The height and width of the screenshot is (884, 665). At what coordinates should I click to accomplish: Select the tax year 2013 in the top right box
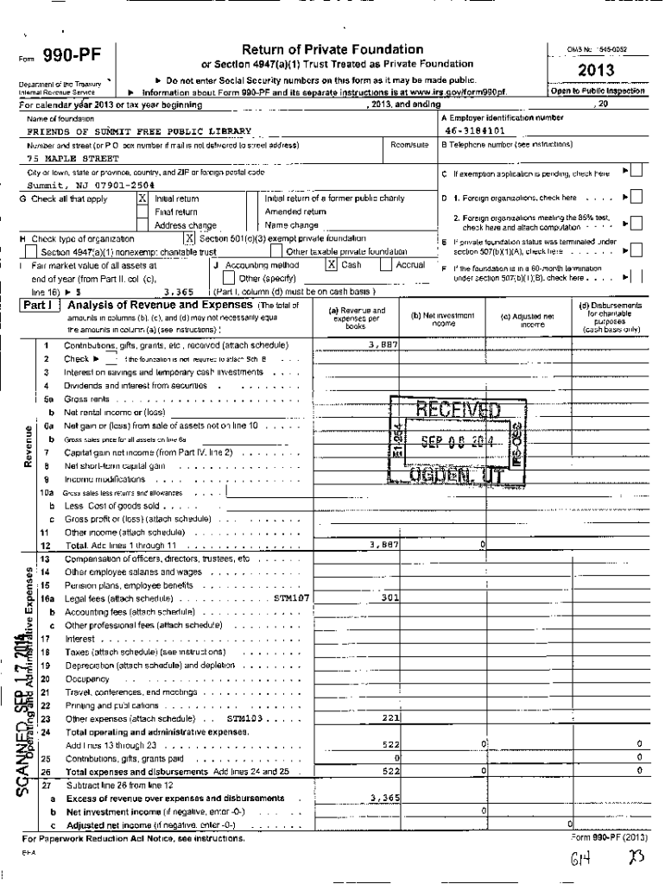click(x=597, y=70)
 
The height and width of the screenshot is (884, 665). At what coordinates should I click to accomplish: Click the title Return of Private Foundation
click(x=332, y=49)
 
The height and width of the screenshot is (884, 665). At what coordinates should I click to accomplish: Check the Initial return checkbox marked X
click(x=142, y=199)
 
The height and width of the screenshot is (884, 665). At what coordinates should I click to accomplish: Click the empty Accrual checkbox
click(x=387, y=265)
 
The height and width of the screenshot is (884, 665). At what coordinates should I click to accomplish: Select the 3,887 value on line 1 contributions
click(x=383, y=344)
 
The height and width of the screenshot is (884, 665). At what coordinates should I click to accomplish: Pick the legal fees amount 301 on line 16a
click(x=389, y=597)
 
